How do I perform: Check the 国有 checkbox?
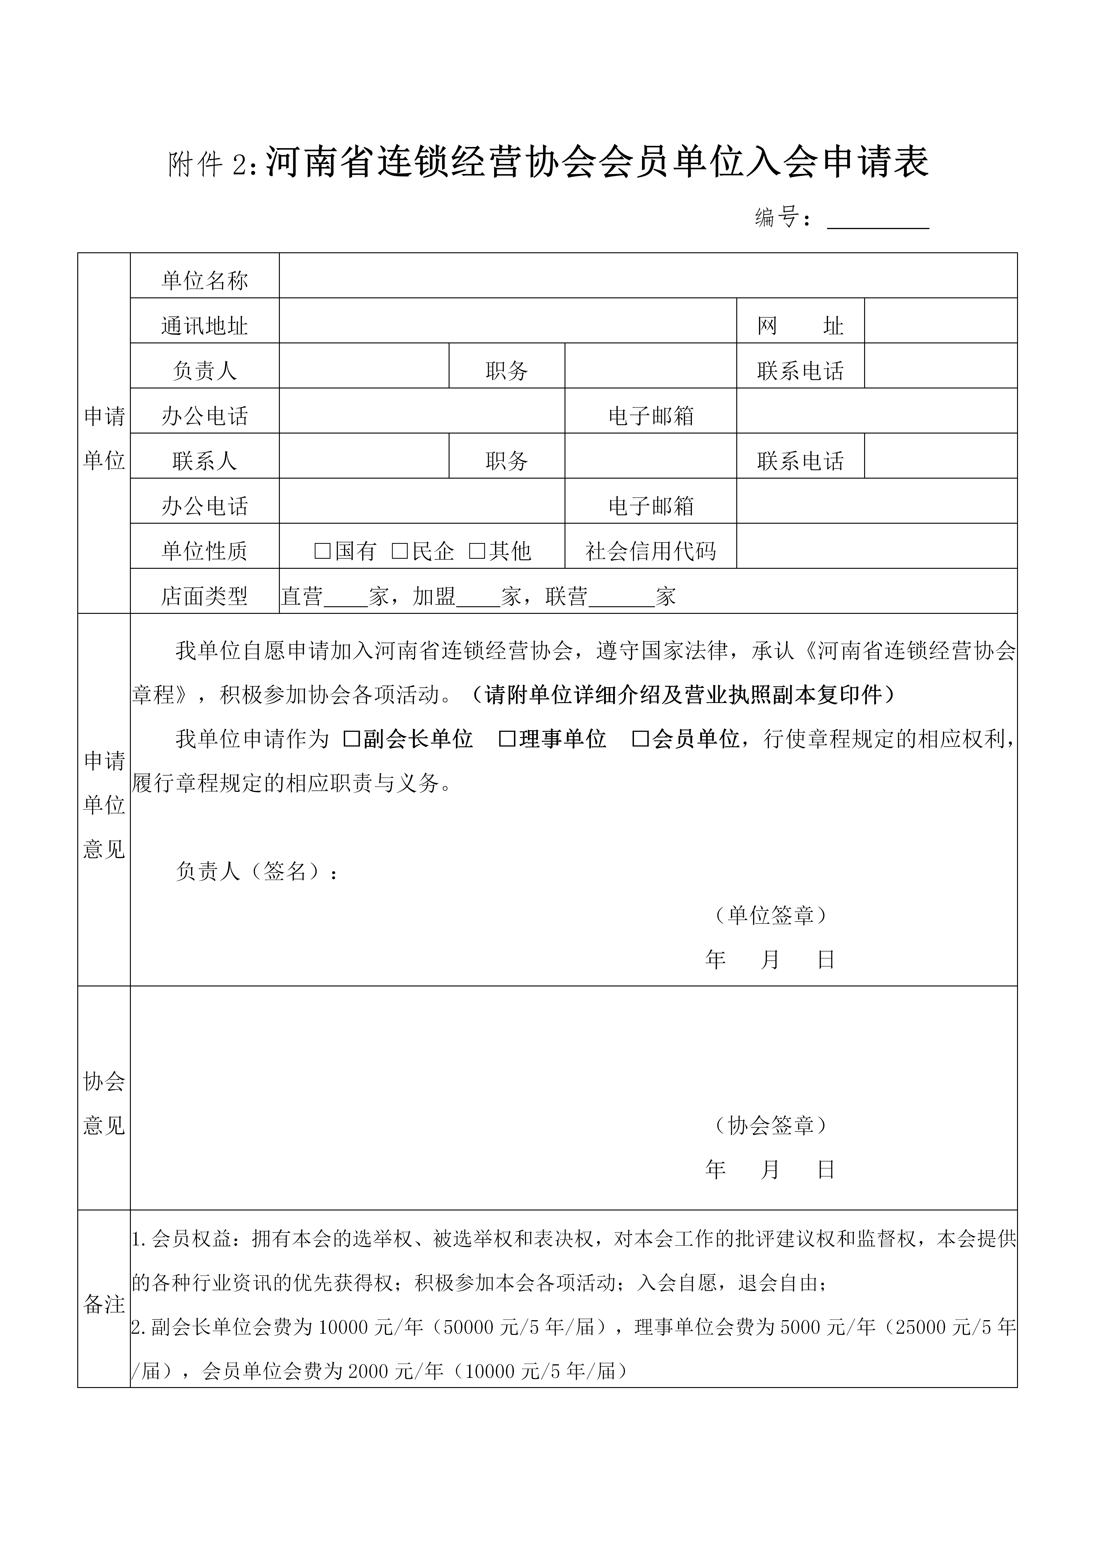point(322,551)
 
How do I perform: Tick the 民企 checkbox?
point(400,551)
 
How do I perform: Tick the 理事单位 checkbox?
point(507,739)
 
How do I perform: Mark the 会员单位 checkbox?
point(640,739)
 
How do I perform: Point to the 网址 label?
point(800,326)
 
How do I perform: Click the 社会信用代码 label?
point(650,551)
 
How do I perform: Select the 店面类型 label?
point(204,596)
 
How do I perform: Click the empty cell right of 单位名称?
point(648,275)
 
